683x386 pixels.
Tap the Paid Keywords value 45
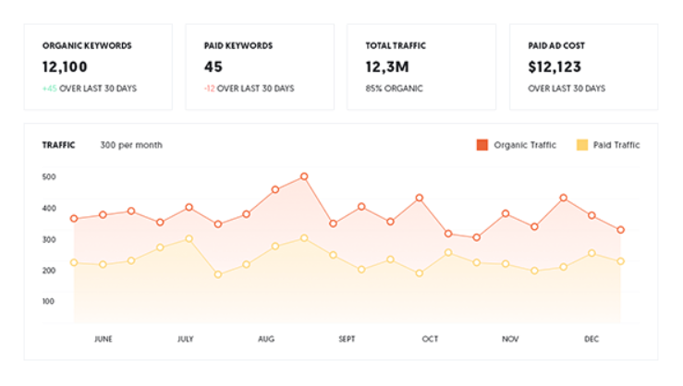213,66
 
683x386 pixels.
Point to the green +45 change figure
50,89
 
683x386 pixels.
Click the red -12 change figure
210,89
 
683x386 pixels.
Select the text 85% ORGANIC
395,89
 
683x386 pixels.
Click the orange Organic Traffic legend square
482,145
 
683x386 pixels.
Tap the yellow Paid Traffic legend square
582,145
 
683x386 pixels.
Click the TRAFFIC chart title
59,145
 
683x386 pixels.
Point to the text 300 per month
131,145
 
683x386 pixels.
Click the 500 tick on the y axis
49,176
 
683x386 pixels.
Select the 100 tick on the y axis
49,301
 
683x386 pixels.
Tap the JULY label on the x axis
185,339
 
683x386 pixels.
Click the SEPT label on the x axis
348,339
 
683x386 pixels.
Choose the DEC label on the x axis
592,339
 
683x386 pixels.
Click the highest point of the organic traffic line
304,176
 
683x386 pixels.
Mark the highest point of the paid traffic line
304,238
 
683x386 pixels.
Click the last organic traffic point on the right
621,230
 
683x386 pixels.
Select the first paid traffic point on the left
74,262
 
